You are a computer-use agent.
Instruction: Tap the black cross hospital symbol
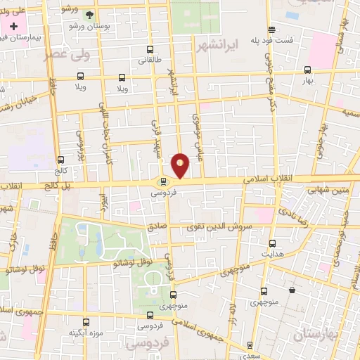coord(13,25)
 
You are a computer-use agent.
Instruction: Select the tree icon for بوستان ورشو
coord(89,14)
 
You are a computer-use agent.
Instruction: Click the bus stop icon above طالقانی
coord(150,49)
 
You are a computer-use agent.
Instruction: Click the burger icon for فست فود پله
coord(272,29)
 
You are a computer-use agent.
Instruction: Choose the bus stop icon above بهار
coord(307,70)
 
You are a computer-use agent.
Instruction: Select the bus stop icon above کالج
coord(60,160)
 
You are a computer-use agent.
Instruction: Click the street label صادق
coord(157,226)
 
